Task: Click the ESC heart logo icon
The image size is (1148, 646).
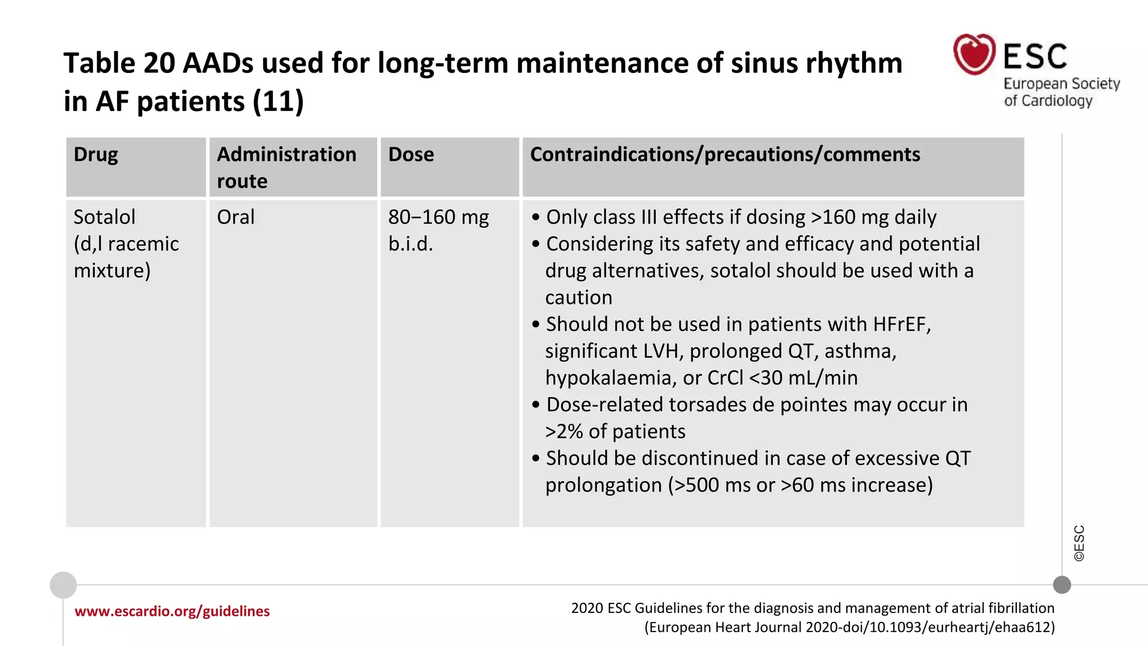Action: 974,54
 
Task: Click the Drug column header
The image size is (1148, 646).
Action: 96,155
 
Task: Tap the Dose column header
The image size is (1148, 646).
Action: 411,155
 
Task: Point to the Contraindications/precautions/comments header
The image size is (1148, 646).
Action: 725,155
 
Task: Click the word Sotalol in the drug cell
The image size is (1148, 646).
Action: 105,217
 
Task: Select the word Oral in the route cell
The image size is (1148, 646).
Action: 235,217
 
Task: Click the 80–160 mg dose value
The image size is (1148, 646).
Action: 438,217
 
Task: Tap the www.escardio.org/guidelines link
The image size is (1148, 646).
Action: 172,611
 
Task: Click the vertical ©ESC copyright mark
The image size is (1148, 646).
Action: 1079,543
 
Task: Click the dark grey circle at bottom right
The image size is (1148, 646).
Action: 1062,585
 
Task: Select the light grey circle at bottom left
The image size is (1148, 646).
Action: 63,585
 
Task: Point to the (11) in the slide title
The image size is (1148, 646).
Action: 278,101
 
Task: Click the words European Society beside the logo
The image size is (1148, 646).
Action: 1061,84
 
